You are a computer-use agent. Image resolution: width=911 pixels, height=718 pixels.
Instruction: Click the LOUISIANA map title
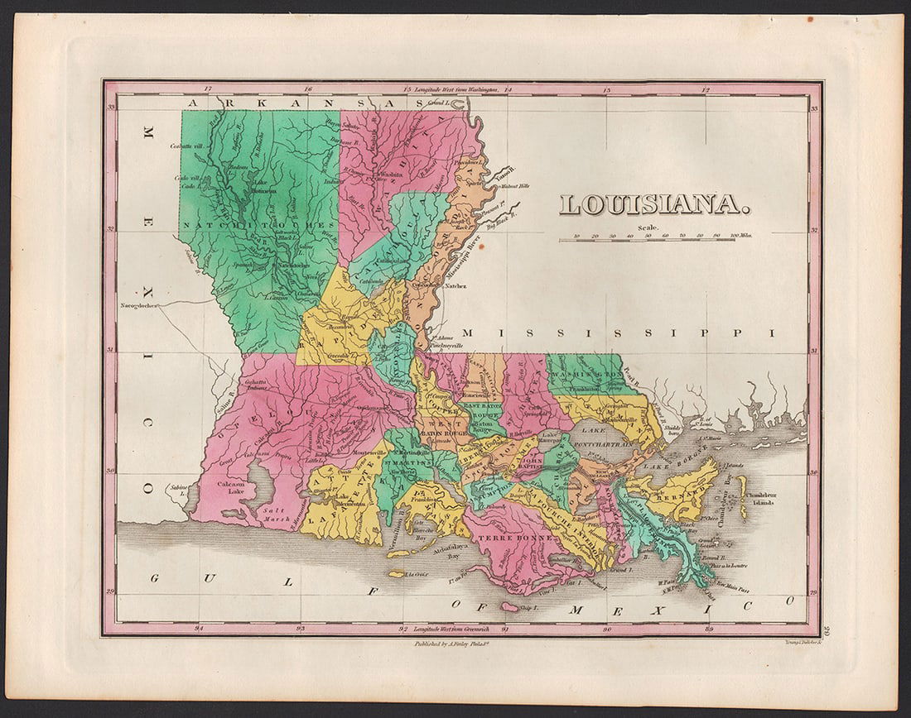click(654, 204)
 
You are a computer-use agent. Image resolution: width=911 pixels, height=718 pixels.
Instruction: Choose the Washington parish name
click(588, 374)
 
